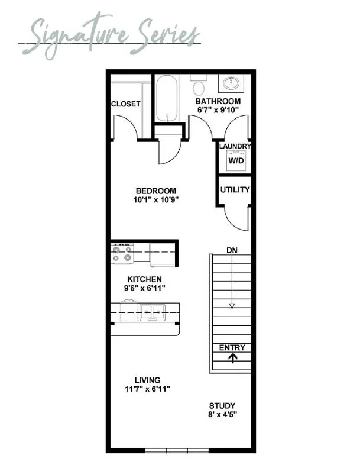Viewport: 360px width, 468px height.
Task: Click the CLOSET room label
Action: coord(125,104)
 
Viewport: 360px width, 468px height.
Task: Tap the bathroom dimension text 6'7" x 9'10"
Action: coord(218,110)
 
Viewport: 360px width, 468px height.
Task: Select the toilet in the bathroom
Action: coord(199,84)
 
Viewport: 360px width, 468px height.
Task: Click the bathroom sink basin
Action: coord(231,83)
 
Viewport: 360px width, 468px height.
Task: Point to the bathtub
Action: coord(167,98)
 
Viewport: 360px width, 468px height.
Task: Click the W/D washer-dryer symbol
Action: coord(236,160)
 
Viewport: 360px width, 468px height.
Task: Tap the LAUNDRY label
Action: coord(235,146)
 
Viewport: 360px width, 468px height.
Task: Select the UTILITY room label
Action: coord(235,189)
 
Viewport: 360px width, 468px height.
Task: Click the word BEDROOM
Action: coord(156,191)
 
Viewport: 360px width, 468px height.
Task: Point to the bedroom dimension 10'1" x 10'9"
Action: coord(156,199)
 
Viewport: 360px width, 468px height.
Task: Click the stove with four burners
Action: coord(122,254)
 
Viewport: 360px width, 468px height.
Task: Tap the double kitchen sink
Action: coord(153,312)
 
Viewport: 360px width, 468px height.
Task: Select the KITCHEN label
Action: coord(145,279)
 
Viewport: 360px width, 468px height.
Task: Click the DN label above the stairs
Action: coord(232,250)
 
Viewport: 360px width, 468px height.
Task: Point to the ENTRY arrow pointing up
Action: coord(233,358)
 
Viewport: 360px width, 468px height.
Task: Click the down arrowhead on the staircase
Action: coord(232,306)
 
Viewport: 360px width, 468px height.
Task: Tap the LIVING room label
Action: coord(147,380)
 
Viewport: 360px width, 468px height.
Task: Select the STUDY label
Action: coord(222,406)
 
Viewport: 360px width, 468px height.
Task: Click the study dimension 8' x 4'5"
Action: coord(222,414)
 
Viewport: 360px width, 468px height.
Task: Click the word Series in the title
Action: coord(166,34)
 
